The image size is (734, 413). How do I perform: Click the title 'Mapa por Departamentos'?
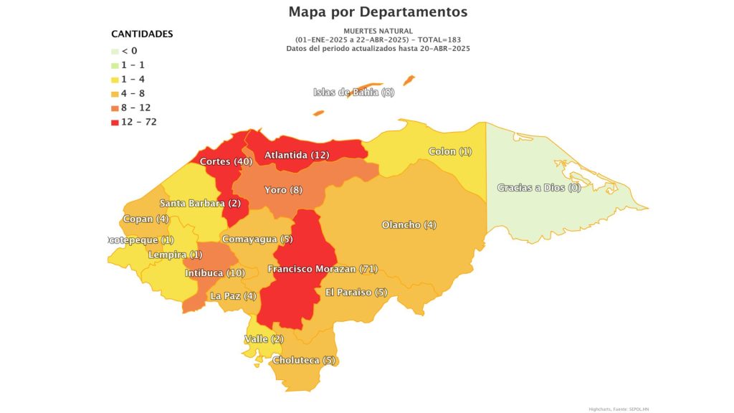point(378,11)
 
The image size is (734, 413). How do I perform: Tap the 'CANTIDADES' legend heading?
point(142,34)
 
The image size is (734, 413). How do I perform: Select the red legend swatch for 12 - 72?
point(115,122)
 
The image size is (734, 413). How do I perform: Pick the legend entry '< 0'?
point(129,51)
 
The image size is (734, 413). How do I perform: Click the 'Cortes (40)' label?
point(224,161)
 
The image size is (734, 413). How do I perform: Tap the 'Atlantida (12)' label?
point(297,155)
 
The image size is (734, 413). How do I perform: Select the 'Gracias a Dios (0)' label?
point(538,188)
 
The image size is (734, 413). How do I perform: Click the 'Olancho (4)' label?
point(409,225)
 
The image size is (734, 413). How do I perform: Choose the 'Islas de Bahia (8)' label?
point(354,92)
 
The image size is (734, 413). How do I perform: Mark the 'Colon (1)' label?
point(450,151)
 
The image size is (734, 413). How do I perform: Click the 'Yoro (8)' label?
point(284,190)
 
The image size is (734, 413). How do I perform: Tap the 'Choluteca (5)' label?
point(304,360)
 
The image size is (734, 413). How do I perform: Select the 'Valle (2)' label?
point(264,338)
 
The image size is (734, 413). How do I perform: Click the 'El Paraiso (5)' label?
point(356,293)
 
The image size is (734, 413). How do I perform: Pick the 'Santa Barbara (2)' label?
point(200,203)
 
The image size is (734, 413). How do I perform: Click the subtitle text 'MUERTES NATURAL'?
point(378,31)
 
